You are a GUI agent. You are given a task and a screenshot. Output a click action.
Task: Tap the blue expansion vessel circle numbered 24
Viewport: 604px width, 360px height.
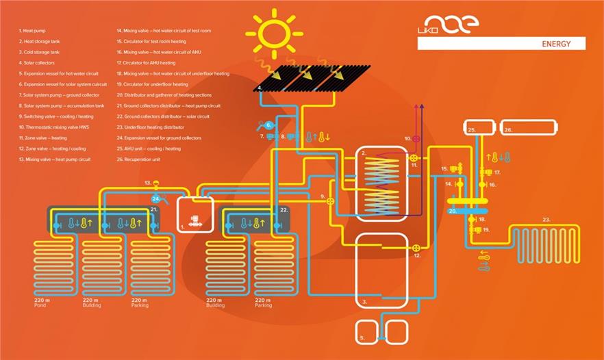pyautogui.click(x=156, y=198)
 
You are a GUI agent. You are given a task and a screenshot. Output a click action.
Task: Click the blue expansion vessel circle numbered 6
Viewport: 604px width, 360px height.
pyautogui.click(x=269, y=125)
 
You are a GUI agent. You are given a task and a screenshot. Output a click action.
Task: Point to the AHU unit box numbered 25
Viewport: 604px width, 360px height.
pyautogui.click(x=479, y=128)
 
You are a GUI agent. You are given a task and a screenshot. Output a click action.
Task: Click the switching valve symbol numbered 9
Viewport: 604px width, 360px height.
pyautogui.click(x=331, y=201)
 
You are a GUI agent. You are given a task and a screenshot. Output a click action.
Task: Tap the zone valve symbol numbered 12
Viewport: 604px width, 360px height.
pyautogui.click(x=416, y=248)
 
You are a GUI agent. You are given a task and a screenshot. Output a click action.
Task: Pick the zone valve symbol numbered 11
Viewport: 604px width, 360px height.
pyautogui.click(x=414, y=157)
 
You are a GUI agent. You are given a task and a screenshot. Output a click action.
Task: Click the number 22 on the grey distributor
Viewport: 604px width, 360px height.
pyautogui.click(x=284, y=209)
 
